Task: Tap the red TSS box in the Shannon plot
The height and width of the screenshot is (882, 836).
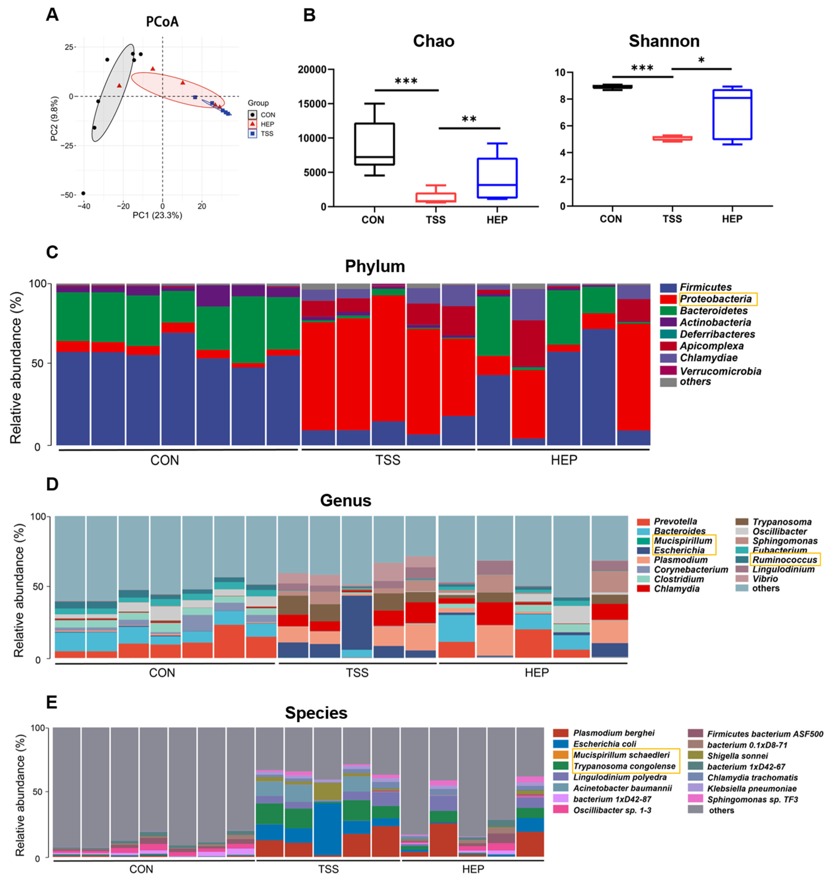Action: coord(672,138)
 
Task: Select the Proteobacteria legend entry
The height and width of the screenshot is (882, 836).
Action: coord(716,299)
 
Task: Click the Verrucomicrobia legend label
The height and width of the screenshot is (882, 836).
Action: coord(720,371)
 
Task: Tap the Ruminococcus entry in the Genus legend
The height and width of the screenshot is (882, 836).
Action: coord(784,560)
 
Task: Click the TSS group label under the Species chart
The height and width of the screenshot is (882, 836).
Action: coord(328,869)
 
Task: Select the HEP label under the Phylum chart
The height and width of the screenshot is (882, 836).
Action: coord(564,460)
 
